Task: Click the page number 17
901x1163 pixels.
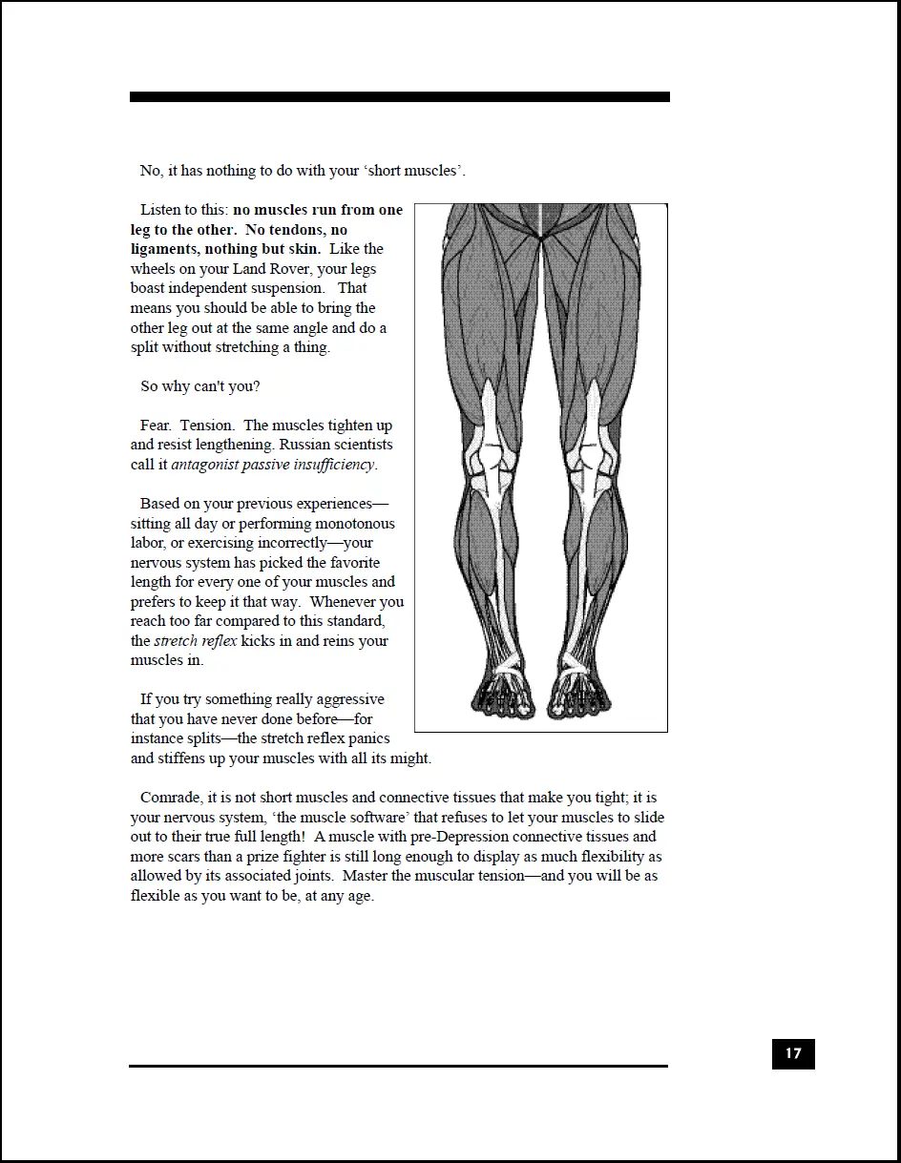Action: coord(793,1054)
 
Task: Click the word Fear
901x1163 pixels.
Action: coord(156,426)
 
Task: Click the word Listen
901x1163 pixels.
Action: coord(161,210)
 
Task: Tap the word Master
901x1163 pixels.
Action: coord(366,876)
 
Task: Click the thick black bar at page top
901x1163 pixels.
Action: coord(399,97)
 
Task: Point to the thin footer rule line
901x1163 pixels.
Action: coord(399,1066)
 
